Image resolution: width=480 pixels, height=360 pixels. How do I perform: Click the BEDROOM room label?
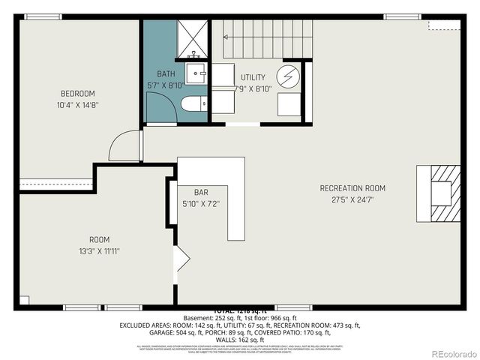[x=79, y=94]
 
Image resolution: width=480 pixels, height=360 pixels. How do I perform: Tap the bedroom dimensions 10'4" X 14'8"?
[x=79, y=105]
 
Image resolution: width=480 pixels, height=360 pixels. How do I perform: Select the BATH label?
[x=166, y=73]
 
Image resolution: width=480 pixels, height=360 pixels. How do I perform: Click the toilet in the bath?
[x=193, y=103]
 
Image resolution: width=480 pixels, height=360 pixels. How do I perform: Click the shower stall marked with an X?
[x=193, y=39]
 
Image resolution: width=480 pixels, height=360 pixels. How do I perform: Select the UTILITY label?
[x=253, y=77]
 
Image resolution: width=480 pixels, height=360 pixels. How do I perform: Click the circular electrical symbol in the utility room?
[x=288, y=76]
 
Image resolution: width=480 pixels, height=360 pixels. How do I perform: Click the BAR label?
[x=200, y=193]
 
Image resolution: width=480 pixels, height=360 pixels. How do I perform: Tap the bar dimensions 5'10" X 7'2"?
[x=200, y=204]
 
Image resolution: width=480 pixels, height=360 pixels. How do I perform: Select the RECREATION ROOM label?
[x=352, y=188]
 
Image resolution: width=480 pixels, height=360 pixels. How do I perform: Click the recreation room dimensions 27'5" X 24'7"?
[x=352, y=199]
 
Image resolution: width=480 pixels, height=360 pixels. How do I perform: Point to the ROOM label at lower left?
[x=99, y=240]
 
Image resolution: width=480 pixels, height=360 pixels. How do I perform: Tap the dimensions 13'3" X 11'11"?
[x=99, y=251]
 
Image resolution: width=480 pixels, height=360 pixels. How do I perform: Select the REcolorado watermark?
[x=447, y=353]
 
